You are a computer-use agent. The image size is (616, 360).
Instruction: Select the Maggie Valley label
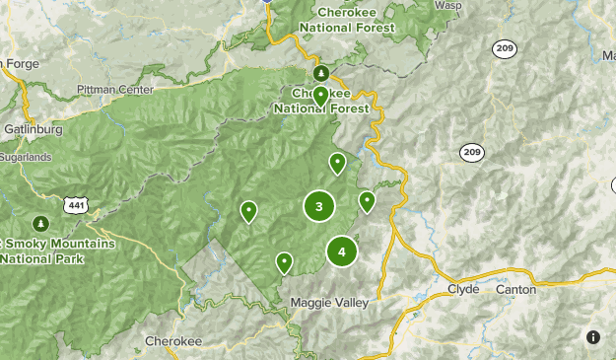tap(329, 302)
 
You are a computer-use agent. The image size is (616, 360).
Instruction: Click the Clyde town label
tap(463, 289)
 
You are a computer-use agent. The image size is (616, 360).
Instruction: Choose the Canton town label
tap(516, 289)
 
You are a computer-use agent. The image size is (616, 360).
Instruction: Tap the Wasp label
tap(447, 5)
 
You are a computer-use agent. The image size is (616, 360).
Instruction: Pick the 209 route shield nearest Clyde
tap(471, 152)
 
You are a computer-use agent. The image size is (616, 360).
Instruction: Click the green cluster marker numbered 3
tap(318, 206)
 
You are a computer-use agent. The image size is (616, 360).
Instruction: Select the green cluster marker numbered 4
tap(342, 252)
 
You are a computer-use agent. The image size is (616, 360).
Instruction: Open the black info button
tap(593, 337)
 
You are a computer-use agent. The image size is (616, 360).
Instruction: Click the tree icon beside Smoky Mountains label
tap(40, 222)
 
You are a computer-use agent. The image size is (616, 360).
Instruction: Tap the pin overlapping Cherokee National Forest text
tap(321, 96)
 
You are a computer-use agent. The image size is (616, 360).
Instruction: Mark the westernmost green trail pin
tap(249, 210)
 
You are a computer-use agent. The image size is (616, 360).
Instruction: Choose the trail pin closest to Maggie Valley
tap(284, 262)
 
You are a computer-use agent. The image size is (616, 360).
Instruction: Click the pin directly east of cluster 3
tap(367, 201)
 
